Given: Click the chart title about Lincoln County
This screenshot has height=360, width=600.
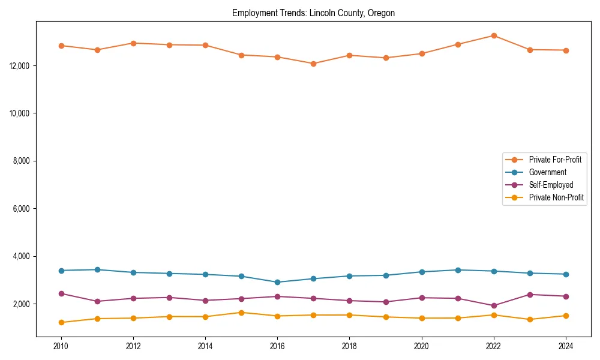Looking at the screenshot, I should [313, 13].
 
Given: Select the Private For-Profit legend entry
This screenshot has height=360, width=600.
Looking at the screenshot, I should [555, 160].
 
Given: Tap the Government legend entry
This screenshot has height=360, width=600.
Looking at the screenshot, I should [547, 172].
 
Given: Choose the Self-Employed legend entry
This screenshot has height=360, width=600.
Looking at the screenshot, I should [551, 185].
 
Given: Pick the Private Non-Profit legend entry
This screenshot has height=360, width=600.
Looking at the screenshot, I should [556, 197].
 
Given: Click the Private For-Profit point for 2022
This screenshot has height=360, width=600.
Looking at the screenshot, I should [494, 35].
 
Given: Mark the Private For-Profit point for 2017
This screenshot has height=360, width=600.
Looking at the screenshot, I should [313, 64].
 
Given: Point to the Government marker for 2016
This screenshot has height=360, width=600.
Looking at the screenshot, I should [277, 282].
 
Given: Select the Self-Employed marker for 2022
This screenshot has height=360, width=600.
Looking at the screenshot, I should [494, 305].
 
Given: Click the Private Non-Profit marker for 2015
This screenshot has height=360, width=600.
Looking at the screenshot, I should [241, 313].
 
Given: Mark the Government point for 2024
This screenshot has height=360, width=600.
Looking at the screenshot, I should [566, 274].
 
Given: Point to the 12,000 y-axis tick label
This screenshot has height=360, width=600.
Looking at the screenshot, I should [21, 65].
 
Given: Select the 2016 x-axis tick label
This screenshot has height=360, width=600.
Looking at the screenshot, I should [277, 346].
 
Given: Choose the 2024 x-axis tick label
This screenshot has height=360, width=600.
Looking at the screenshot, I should [566, 346].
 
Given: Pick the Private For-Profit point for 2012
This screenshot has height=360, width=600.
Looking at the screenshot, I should [133, 43].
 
